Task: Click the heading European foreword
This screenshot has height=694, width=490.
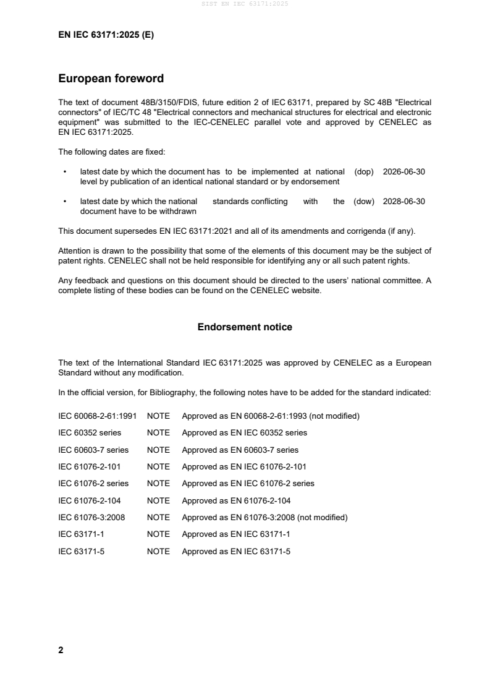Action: click(x=111, y=79)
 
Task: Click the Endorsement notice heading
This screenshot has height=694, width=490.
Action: click(x=245, y=327)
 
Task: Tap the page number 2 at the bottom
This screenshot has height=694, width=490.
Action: click(x=61, y=650)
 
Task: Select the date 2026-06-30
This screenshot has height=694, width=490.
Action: click(x=404, y=172)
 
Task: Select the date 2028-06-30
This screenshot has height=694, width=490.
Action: click(x=404, y=201)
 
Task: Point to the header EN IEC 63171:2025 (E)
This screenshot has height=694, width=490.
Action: click(x=106, y=35)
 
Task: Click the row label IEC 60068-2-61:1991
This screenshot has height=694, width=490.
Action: click(x=97, y=416)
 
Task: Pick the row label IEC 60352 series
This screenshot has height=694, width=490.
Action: click(x=90, y=432)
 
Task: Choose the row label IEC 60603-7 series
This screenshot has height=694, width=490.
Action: click(x=93, y=450)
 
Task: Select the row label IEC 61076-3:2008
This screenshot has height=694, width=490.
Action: click(x=91, y=517)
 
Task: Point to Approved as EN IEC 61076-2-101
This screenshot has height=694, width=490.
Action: click(x=244, y=466)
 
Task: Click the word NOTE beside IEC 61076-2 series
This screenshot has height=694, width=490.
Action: click(x=158, y=483)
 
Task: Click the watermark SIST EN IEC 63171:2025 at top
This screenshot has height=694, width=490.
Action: click(x=245, y=4)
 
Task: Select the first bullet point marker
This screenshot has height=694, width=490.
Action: click(x=65, y=172)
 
